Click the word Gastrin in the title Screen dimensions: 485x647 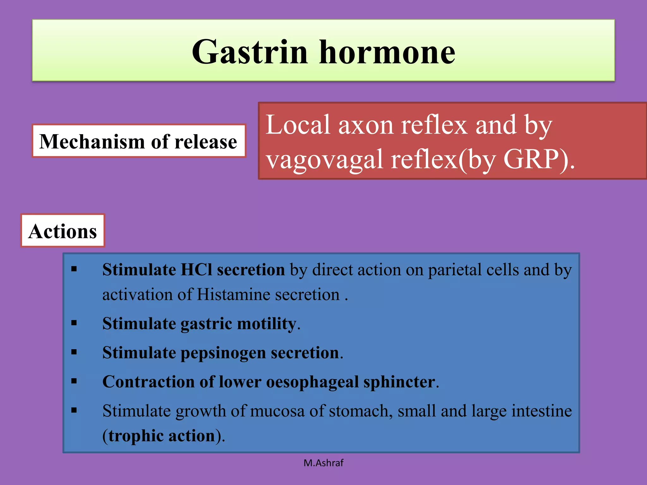tap(250, 52)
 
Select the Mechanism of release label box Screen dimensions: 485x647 tap(138, 141)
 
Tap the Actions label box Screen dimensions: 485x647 tap(63, 231)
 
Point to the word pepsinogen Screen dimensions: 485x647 tap(223, 353)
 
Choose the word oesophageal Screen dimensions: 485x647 tap(312, 382)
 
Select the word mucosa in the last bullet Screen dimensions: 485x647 tap(277, 411)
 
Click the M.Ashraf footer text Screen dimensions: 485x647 tap(323, 463)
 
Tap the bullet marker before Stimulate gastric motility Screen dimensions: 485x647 tap(74, 323)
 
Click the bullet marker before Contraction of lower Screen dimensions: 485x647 tap(74, 381)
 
